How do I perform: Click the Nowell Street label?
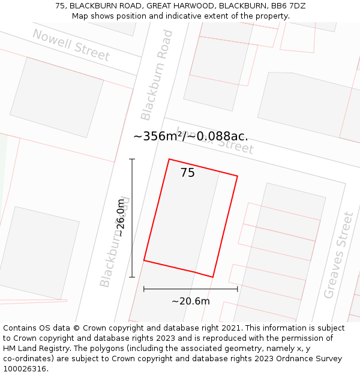click(x=71, y=45)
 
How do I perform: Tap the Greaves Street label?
click(x=339, y=255)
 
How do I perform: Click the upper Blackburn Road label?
click(x=157, y=75)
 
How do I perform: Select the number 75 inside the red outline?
click(x=187, y=173)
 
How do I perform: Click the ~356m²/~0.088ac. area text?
click(x=190, y=136)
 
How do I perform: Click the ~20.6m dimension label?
click(x=190, y=301)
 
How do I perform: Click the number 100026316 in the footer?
click(x=24, y=369)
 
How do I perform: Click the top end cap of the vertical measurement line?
click(x=132, y=159)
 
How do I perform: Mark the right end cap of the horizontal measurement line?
click(x=238, y=289)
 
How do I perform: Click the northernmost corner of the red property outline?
click(x=169, y=159)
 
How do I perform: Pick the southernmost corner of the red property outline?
click(x=212, y=277)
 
